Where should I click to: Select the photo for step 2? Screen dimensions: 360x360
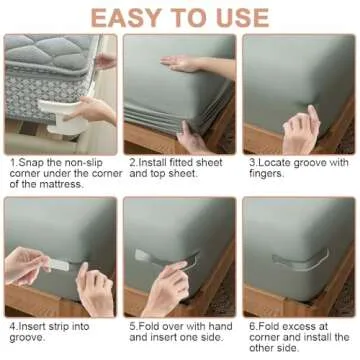[x=179, y=94]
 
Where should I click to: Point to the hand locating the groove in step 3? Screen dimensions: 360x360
[x=300, y=128]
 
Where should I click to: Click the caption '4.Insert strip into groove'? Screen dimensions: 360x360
[x=52, y=331]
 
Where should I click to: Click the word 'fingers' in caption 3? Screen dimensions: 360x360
[x=265, y=174]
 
